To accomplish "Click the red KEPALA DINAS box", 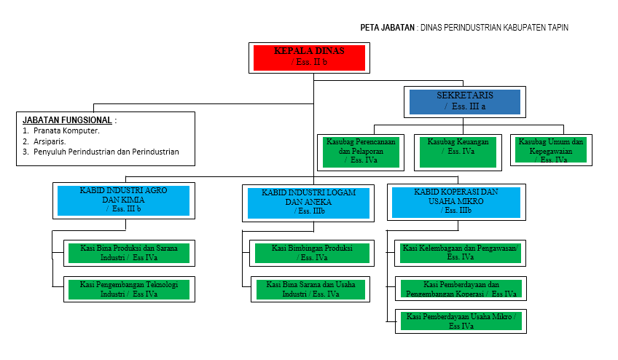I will click(309, 57).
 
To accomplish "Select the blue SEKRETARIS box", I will click(464, 101).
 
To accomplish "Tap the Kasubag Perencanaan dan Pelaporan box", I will click(361, 150).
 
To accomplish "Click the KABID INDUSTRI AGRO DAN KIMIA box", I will click(122, 200).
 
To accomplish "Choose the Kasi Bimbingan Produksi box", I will click(311, 253).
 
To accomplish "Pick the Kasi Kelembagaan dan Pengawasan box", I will click(459, 253).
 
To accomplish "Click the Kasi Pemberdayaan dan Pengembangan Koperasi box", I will click(461, 289).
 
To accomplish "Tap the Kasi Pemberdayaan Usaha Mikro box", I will click(461, 321).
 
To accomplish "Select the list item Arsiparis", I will click(50, 141).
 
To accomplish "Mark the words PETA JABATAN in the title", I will click(387, 28).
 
